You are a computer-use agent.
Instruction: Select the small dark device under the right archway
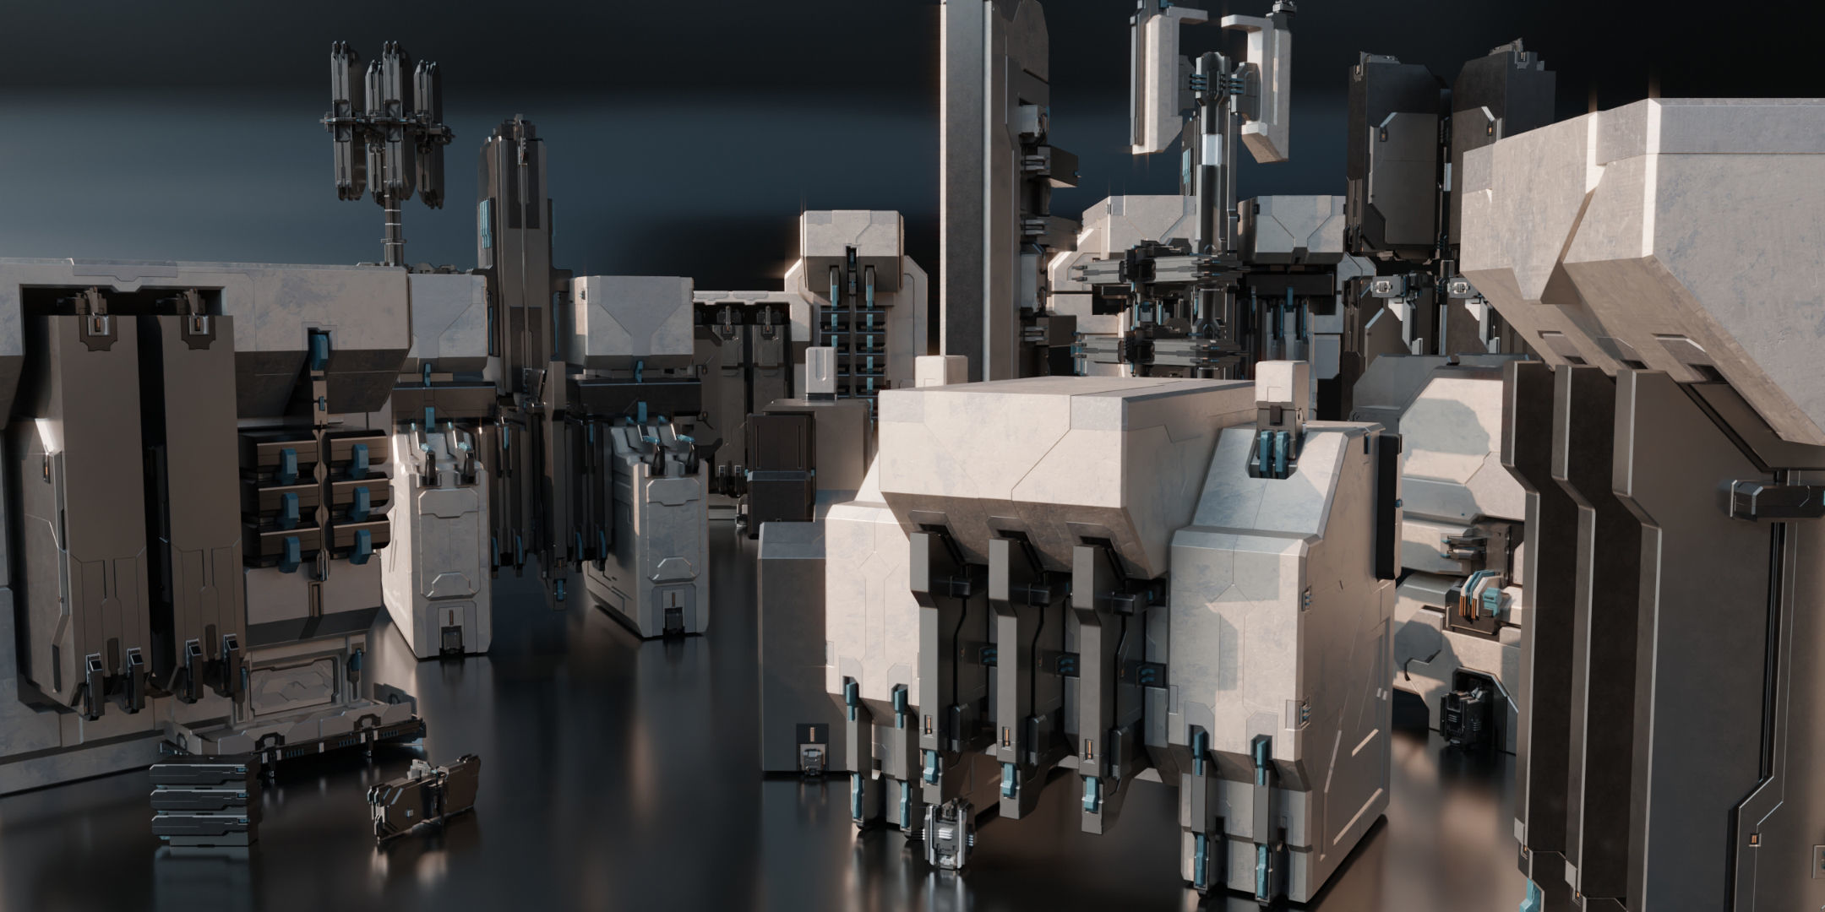[x=1466, y=701]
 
